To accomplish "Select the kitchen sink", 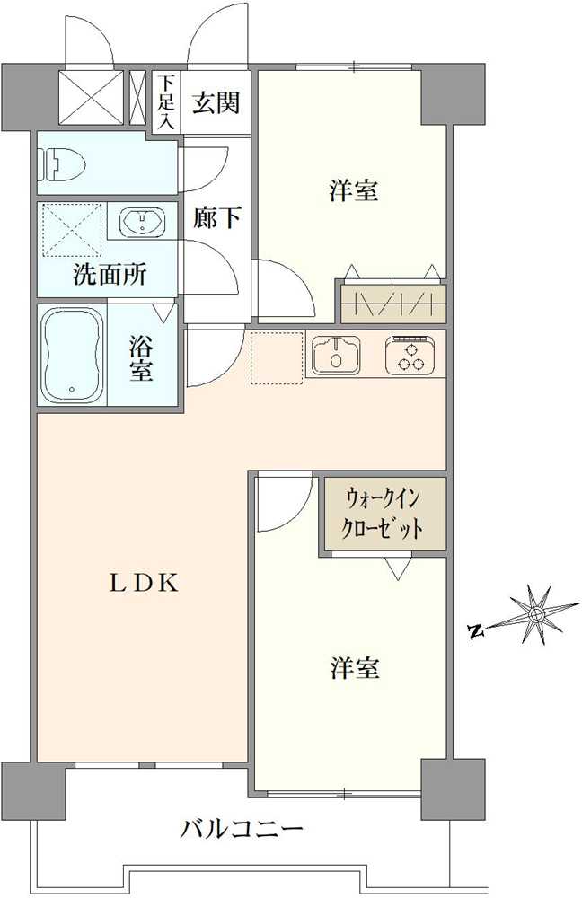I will coord(336,355).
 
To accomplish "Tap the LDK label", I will coord(145,583).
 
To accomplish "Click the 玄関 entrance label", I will coord(216,102).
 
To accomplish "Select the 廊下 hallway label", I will coord(216,217).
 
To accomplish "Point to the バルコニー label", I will coord(242,828).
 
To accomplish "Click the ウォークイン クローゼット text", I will coord(384,511).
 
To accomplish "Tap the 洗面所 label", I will coord(110,275).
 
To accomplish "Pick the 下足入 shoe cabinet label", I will coord(165,101).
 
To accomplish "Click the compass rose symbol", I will coord(536,615).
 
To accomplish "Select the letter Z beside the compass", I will coord(477,630).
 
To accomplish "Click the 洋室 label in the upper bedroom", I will coord(353,190).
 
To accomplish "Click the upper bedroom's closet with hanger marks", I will coord(393,302).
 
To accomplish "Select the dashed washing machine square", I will coord(70,230).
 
